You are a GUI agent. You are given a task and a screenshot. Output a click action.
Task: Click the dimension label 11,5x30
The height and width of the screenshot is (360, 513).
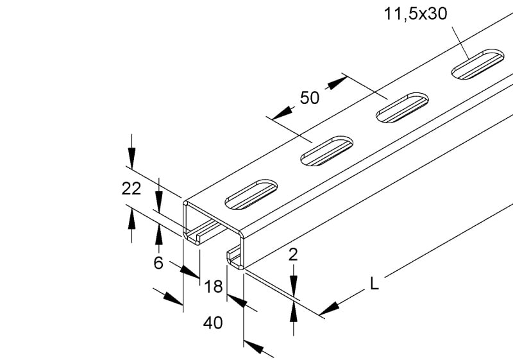click(x=415, y=14)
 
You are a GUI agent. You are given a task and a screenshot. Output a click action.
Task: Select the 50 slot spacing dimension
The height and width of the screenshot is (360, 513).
click(x=309, y=98)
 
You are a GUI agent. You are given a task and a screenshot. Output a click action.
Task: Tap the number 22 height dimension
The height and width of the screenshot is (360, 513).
click(x=131, y=189)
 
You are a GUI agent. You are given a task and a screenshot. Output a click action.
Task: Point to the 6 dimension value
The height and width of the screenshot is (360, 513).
click(x=158, y=262)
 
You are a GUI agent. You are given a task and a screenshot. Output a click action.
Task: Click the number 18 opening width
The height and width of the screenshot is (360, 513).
click(x=214, y=287)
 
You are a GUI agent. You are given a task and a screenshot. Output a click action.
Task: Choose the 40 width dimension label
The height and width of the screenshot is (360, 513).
click(x=213, y=323)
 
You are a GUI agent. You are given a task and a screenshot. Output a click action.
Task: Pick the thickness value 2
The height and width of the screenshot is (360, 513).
click(x=293, y=255)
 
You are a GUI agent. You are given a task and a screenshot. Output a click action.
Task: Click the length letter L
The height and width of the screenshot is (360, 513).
click(x=374, y=284)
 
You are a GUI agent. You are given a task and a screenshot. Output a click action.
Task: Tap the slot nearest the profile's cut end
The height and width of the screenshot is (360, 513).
click(x=251, y=194)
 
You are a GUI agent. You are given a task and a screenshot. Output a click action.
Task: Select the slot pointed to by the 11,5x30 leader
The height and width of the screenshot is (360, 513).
click(x=478, y=64)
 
